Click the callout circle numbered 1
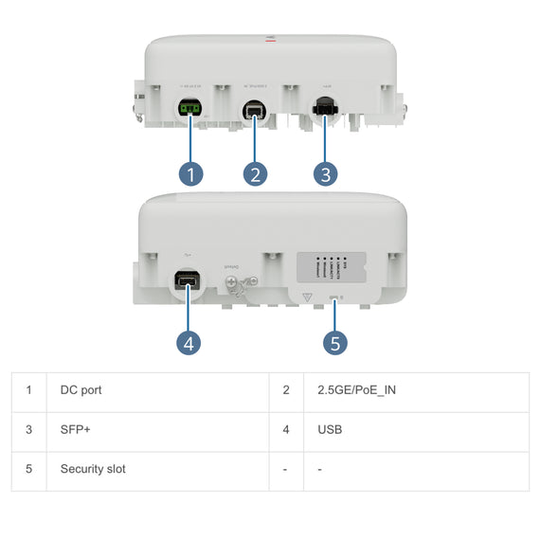coord(191,173)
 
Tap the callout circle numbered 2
coord(254,173)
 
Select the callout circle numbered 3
coord(325,173)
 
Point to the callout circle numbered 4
coord(189,343)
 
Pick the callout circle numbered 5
coord(334,342)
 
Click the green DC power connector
coord(189,110)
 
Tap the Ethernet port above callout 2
coord(253,110)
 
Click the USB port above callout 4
coord(186,281)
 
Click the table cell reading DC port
coord(81,390)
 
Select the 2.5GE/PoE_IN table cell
coord(351,390)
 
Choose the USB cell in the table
coord(330,430)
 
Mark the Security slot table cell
coord(93,469)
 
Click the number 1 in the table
coord(29,390)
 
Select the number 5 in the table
coord(29,469)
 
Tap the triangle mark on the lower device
coord(305,297)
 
